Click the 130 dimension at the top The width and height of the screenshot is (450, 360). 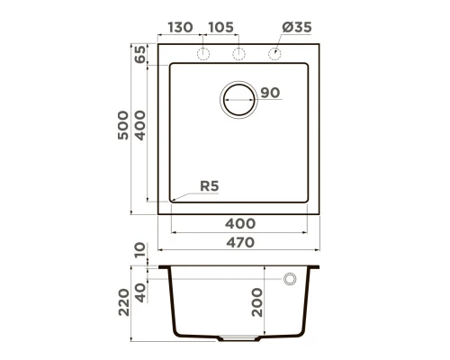point(180,28)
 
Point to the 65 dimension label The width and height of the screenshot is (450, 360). point(140,54)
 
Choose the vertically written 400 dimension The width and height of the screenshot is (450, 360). point(140,129)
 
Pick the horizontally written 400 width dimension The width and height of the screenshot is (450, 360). point(240,223)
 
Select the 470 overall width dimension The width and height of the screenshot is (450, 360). point(240,241)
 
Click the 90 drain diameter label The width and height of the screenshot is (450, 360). point(270,93)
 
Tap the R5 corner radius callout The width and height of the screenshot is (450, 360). point(209,186)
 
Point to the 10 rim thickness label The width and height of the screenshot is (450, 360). point(139,251)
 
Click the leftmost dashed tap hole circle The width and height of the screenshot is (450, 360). point(204,54)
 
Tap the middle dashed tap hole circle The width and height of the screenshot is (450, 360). point(238,54)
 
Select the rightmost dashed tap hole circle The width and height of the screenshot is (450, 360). point(274,54)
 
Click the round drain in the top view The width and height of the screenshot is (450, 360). point(239,98)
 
